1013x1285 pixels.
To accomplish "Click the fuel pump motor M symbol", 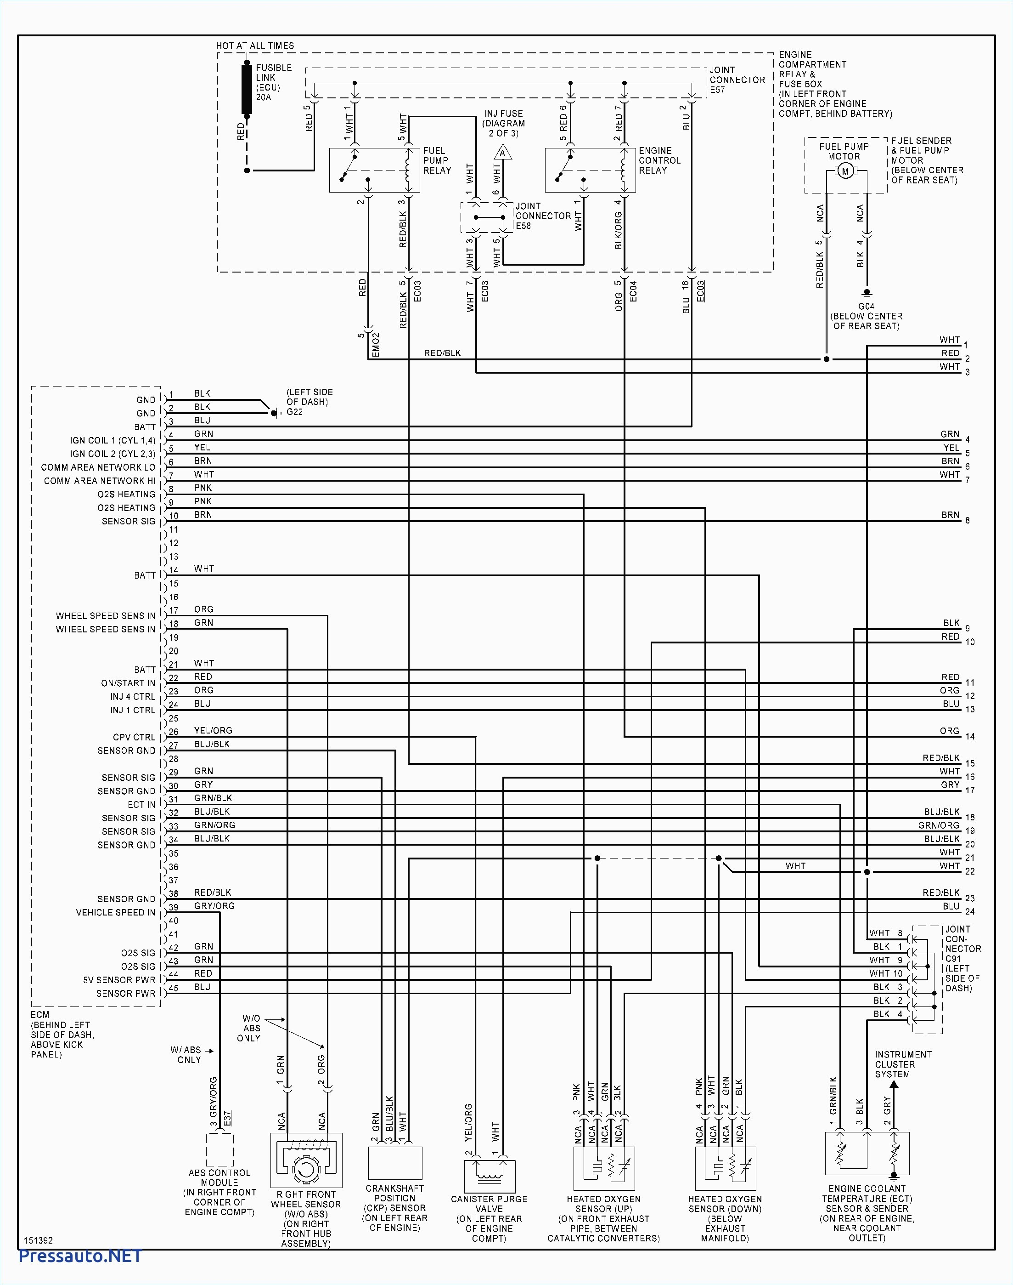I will (845, 171).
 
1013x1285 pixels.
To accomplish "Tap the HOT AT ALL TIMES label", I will (254, 45).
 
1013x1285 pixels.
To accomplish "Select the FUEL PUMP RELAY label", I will (437, 160).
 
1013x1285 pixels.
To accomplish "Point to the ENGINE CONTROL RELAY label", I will (659, 160).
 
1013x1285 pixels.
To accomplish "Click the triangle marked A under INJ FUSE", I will (502, 153).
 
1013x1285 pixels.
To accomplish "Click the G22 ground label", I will (294, 412).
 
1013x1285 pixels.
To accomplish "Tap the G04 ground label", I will (866, 306).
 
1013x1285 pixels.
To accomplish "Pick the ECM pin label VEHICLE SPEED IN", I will (115, 912).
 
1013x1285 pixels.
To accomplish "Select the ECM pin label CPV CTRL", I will (134, 737).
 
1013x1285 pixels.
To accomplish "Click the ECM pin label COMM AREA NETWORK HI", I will (99, 481).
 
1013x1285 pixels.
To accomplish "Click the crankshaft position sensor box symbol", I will (395, 1163).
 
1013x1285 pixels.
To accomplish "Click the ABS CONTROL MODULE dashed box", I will (219, 1150).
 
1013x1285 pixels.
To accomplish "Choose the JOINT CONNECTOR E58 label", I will (543, 216).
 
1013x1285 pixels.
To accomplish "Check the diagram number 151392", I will (39, 1240).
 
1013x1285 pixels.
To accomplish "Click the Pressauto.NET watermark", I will (80, 1256).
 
